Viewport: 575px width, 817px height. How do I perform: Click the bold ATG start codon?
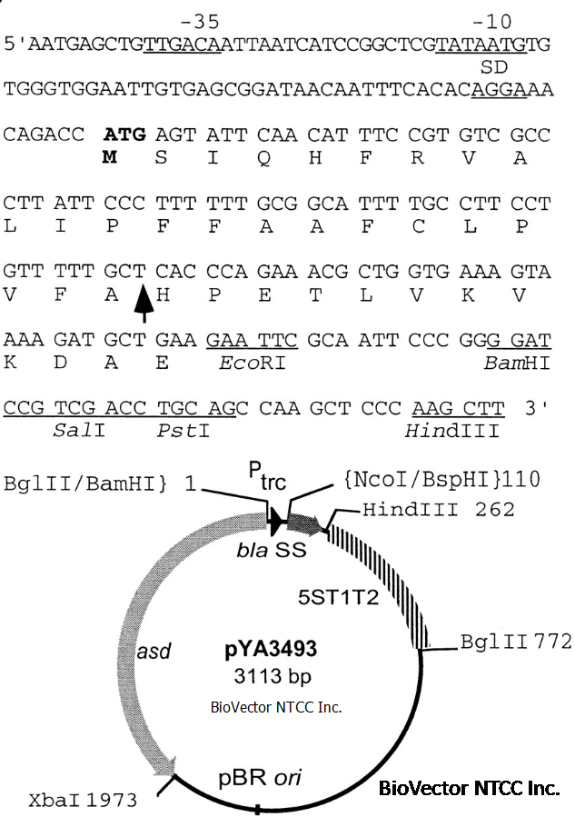coord(124,135)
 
